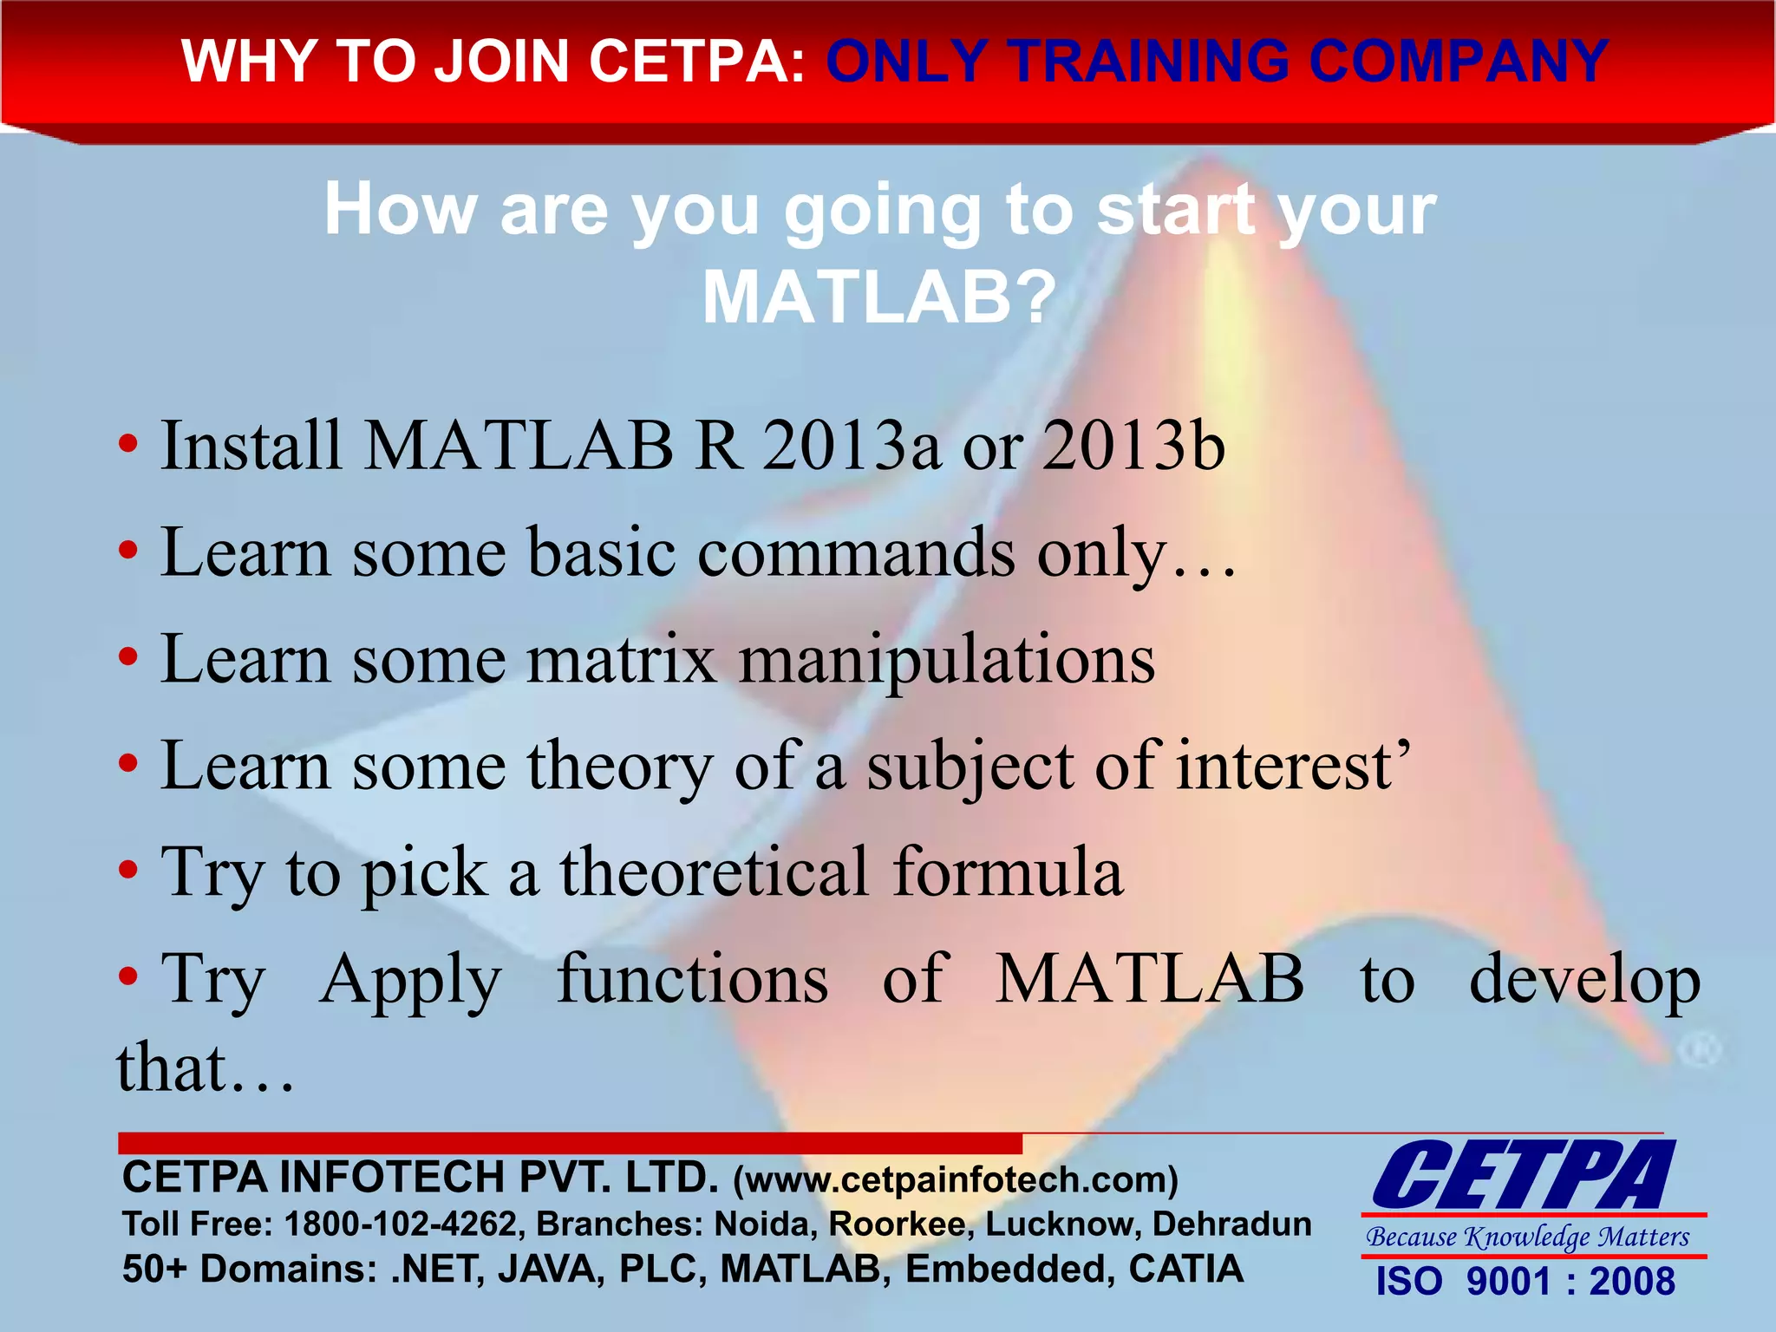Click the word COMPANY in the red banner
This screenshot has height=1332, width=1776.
coord(1459,62)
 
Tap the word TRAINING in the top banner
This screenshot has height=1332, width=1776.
coord(1150,62)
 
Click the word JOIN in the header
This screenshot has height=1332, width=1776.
coord(504,62)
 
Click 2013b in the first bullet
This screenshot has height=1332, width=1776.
coord(1133,446)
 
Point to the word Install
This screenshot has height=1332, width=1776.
coord(251,446)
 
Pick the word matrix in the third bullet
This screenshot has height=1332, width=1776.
coord(622,659)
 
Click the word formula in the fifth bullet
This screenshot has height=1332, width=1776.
coord(1008,872)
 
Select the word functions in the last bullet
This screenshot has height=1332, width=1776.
coord(692,979)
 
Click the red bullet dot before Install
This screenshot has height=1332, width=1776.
coord(128,446)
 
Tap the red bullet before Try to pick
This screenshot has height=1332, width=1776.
coord(128,871)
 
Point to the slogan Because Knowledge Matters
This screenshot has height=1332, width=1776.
coord(1528,1237)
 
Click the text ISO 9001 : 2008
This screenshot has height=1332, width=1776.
coord(1525,1282)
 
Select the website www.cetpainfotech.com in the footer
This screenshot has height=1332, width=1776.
coord(956,1180)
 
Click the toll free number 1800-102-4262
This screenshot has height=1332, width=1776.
coord(401,1224)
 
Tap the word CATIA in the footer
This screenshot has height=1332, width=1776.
coord(1185,1269)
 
